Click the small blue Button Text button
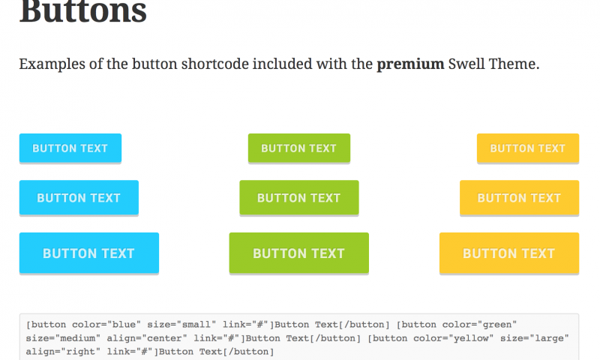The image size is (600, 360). click(x=70, y=148)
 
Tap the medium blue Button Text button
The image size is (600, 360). click(x=79, y=198)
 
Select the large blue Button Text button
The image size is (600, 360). click(x=89, y=253)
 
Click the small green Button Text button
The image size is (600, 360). click(x=299, y=148)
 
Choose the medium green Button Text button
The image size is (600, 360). click(x=299, y=198)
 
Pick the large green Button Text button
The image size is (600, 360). click(x=299, y=253)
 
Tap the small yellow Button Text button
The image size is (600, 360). click(x=528, y=148)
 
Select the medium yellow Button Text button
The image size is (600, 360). click(x=519, y=198)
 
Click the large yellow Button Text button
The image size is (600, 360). click(x=509, y=253)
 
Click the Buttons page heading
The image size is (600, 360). click(x=83, y=11)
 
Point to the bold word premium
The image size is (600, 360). click(x=410, y=64)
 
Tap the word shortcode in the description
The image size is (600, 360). click(x=215, y=64)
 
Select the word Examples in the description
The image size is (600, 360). click(x=52, y=64)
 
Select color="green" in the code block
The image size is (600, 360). click(x=479, y=325)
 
